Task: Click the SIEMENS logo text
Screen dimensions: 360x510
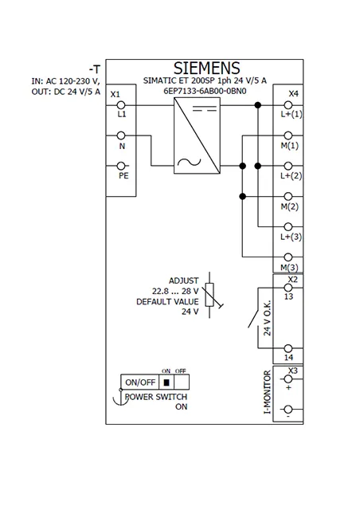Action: tap(207, 69)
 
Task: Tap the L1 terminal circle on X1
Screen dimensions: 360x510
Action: tap(121, 105)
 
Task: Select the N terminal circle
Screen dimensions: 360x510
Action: tap(121, 135)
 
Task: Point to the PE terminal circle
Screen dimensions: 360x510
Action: tap(121, 166)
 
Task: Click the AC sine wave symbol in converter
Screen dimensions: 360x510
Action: tap(190, 162)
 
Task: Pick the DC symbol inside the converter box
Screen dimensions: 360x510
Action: tap(205, 108)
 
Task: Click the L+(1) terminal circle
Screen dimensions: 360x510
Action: tap(288, 105)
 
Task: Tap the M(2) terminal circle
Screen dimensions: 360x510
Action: tap(288, 197)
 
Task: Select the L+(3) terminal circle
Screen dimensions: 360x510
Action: tap(288, 226)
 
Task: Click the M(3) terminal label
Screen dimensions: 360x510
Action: tap(289, 268)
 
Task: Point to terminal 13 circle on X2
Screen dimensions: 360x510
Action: tap(288, 288)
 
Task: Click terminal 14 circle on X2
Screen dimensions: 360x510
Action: tap(288, 348)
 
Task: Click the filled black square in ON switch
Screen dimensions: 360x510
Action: tap(166, 382)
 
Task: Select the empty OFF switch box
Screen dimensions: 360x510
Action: tap(182, 382)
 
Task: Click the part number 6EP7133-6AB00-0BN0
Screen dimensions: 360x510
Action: tap(205, 91)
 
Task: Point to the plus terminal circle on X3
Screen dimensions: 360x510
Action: tap(288, 379)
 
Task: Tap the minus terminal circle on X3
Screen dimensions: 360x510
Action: tap(288, 409)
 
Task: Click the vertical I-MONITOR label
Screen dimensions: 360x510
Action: tap(267, 392)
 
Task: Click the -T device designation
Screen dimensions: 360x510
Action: tap(95, 69)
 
